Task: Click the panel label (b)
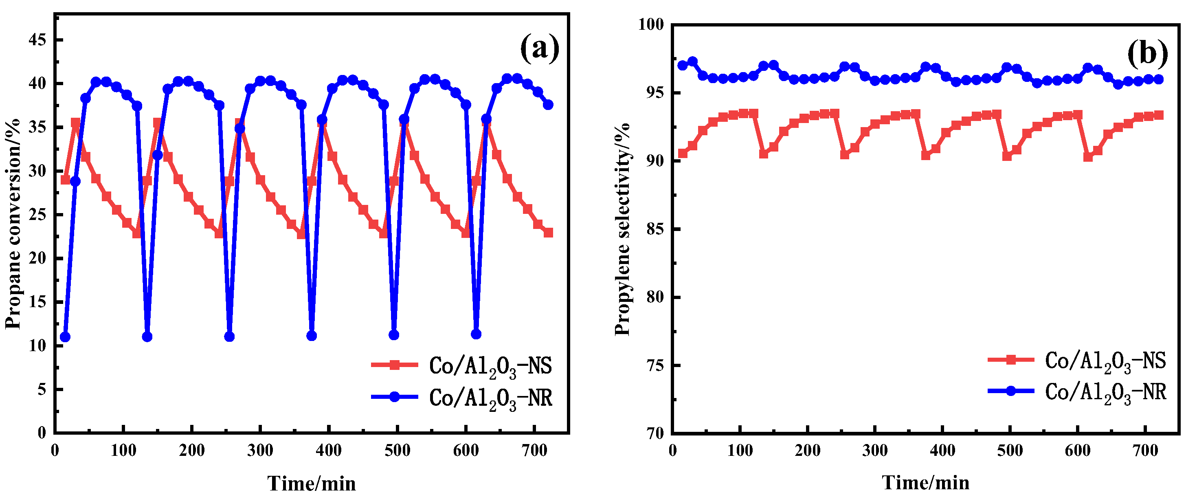pos(1147,53)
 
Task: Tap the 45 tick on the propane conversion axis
pos(38,40)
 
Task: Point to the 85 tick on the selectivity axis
pos(656,229)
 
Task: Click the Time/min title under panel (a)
pos(312,484)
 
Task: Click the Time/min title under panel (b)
pos(925,483)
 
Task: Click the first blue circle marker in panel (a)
pos(66,337)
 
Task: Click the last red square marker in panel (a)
pos(548,233)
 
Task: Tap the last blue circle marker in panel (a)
pos(548,105)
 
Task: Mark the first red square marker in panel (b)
pos(683,154)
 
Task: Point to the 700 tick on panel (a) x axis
pos(534,450)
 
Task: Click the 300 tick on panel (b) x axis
pos(875,450)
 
